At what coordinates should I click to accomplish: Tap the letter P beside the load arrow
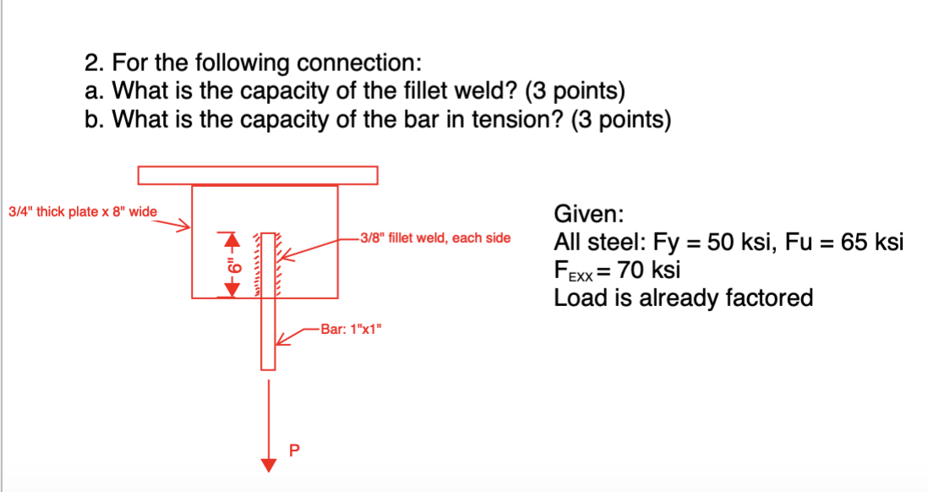[294, 450]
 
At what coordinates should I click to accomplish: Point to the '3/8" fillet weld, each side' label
[434, 238]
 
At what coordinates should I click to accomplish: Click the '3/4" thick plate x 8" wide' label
[82, 211]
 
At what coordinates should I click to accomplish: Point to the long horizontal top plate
[258, 175]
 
